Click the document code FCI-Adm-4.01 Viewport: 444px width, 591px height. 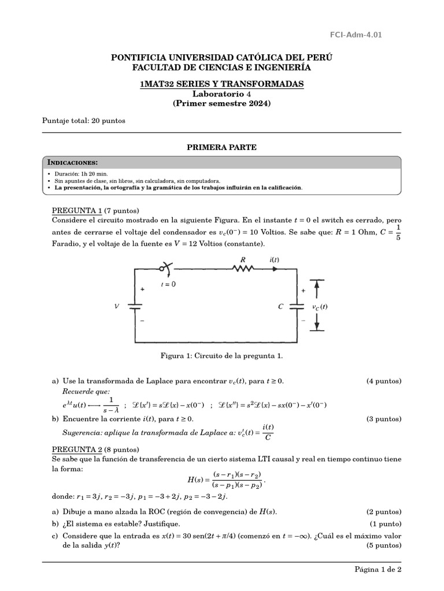(x=364, y=35)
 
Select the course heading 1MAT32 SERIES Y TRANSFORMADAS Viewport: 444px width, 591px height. (x=221, y=84)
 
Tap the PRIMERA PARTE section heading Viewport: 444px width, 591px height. (x=221, y=148)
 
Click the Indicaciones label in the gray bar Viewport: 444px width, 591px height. (x=72, y=162)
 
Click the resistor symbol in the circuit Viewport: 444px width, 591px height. (x=243, y=268)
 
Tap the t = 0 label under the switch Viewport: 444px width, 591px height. (x=169, y=284)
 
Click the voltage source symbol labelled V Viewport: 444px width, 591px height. (x=135, y=306)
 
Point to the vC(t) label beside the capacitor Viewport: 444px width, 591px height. (x=319, y=307)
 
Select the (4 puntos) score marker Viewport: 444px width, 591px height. (x=384, y=381)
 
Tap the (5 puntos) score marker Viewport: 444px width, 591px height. (x=384, y=545)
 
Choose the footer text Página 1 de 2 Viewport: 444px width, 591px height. (x=378, y=569)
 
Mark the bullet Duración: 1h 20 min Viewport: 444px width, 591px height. (x=81, y=173)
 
